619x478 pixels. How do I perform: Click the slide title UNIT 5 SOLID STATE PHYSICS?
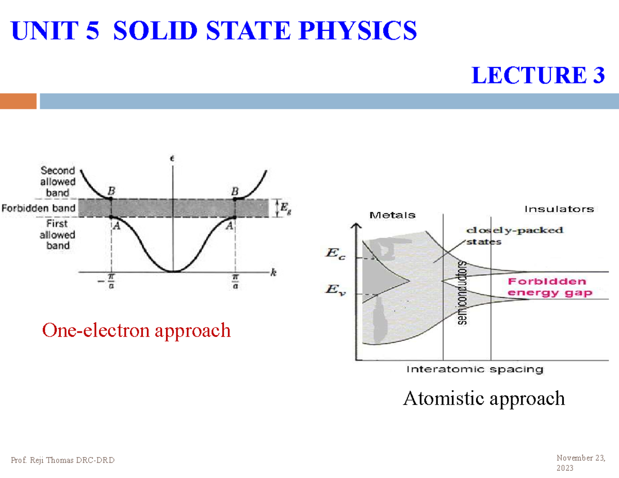click(214, 31)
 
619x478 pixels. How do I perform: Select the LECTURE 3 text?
click(538, 76)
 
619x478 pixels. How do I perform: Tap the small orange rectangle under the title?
click(19, 101)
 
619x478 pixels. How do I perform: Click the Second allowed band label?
click(58, 182)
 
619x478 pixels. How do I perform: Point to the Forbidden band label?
click(39, 208)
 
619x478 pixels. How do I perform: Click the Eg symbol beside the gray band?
click(284, 208)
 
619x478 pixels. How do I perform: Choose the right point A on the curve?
click(235, 217)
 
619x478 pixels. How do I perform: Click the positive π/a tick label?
click(236, 282)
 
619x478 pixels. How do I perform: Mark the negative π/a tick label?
click(109, 282)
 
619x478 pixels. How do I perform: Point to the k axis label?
click(273, 274)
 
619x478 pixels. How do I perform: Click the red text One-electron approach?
click(137, 330)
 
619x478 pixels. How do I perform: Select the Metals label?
click(393, 215)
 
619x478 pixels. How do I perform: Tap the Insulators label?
click(559, 209)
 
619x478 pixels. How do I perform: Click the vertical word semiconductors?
click(462, 292)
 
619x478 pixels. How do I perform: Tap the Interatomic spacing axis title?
click(475, 369)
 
